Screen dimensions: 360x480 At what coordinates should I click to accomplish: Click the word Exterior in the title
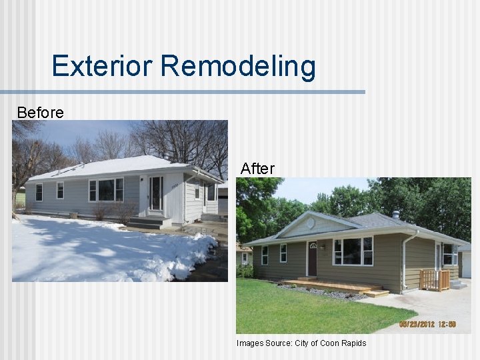(103, 67)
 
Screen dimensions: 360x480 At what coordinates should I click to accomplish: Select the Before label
(40, 113)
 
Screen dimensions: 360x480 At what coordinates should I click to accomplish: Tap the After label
(257, 169)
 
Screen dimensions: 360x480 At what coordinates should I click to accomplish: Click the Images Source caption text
(301, 343)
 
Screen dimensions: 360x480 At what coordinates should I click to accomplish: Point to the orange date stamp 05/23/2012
(426, 325)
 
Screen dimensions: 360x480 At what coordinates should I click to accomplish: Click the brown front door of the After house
(312, 259)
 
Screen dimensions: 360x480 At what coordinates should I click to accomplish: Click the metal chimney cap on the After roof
(395, 215)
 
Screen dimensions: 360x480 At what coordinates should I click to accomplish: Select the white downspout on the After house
(404, 260)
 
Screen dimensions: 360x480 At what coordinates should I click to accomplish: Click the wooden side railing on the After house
(435, 280)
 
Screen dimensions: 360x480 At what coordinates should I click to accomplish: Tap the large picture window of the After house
(353, 251)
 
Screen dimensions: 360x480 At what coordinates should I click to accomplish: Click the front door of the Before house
(156, 193)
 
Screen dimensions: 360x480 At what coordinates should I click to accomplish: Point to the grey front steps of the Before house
(147, 222)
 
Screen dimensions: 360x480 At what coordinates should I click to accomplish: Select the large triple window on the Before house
(106, 190)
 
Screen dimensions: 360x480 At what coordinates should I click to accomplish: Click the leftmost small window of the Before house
(39, 192)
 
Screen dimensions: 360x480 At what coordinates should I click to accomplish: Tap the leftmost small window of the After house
(265, 255)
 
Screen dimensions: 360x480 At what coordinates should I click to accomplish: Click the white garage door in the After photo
(466, 265)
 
